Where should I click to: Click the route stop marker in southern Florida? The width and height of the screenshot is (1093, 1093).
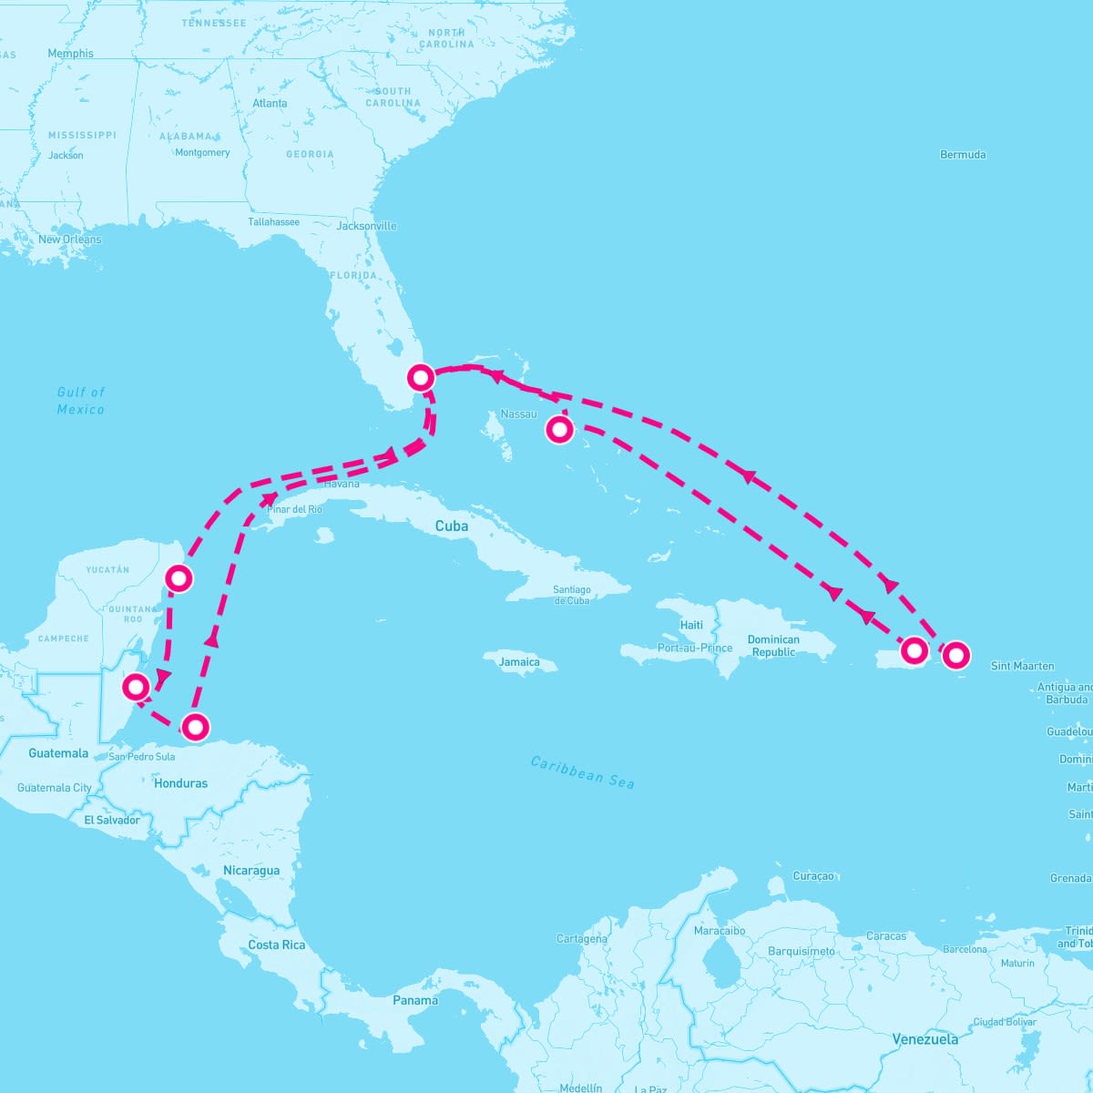point(420,377)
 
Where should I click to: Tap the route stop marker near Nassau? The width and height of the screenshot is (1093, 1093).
point(560,429)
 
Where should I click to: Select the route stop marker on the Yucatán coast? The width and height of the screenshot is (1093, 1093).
point(179,577)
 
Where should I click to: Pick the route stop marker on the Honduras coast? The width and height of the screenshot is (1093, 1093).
point(196,727)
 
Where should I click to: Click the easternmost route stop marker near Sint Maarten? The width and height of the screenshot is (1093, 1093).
point(955,654)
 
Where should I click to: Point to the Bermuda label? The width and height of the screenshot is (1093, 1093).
point(963,155)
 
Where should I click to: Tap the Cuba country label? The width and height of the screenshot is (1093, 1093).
point(452,526)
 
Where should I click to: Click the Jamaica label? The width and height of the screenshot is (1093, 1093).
point(519,662)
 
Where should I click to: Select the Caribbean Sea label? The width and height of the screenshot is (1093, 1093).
point(583,772)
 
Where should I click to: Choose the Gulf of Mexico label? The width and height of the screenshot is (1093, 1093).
point(81,401)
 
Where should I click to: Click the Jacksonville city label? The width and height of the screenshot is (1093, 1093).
point(366,226)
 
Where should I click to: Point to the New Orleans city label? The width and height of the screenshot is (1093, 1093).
point(70,240)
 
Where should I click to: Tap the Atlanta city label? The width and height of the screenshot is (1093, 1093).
point(270,104)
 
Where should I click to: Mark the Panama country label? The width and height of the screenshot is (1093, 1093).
point(415,1000)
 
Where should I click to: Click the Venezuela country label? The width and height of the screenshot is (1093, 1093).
point(924,1039)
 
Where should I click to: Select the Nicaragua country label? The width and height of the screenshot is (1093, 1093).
point(251,871)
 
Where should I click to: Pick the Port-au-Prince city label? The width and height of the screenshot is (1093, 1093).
point(695,649)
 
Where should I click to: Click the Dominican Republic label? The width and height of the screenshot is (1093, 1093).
point(773,646)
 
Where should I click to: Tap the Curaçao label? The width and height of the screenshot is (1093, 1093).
point(813,876)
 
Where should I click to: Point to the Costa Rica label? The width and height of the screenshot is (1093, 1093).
point(277,945)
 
